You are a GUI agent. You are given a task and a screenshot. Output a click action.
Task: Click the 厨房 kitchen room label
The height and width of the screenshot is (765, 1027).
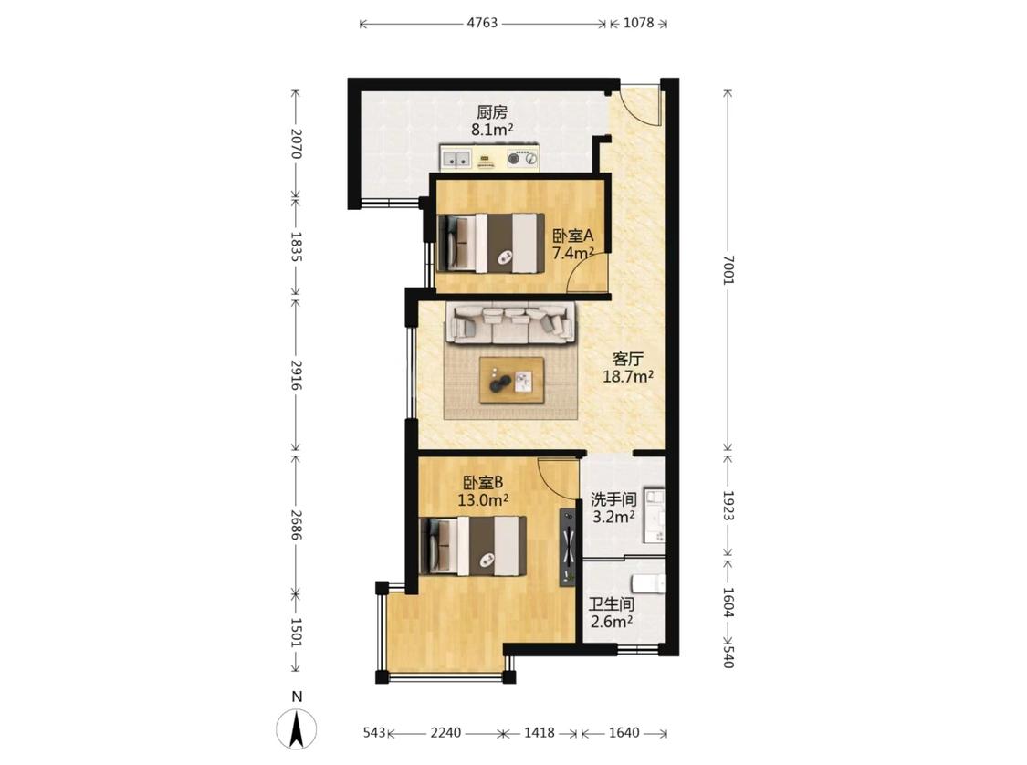click(492, 112)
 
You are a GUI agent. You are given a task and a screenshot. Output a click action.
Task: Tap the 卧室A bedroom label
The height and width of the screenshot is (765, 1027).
click(573, 236)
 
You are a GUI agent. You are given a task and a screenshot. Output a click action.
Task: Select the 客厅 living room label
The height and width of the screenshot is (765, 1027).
click(628, 359)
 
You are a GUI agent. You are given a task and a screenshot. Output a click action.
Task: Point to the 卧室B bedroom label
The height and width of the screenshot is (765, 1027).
click(483, 483)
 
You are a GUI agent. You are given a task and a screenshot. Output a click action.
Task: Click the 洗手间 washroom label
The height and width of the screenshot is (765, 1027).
click(613, 499)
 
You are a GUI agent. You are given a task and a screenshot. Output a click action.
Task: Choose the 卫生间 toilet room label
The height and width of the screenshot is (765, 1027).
click(611, 604)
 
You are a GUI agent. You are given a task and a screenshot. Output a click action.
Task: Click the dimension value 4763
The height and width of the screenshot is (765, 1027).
click(482, 23)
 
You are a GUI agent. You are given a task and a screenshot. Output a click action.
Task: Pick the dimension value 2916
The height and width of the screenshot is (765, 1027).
click(296, 374)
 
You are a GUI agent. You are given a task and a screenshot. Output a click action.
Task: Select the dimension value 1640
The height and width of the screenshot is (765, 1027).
click(624, 732)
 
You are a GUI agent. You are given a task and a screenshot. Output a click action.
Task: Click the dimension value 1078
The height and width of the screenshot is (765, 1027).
click(639, 23)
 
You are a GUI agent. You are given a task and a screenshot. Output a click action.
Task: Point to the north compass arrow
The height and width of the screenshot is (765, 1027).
click(297, 729)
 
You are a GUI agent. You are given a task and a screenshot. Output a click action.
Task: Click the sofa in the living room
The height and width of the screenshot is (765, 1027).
click(511, 323)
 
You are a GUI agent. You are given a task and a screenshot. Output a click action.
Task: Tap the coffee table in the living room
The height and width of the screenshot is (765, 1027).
click(511, 380)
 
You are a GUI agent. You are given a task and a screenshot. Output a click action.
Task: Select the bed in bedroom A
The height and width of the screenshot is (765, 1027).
click(491, 243)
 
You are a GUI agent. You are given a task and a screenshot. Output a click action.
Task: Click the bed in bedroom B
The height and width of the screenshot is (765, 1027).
click(473, 546)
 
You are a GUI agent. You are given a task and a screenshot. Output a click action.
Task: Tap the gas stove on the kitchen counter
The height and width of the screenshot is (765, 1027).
click(523, 158)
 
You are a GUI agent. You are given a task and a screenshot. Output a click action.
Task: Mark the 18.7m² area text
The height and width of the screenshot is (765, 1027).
click(628, 376)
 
